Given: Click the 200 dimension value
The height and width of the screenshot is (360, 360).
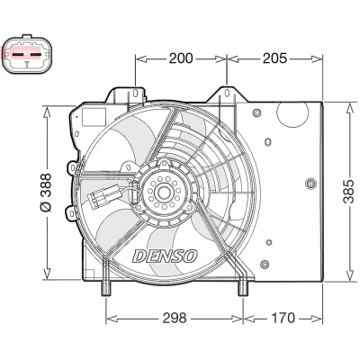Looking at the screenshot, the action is click(x=181, y=58).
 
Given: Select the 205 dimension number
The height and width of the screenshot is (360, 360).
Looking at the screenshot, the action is click(x=274, y=58).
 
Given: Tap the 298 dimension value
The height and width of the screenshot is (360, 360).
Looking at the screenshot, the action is click(x=175, y=318).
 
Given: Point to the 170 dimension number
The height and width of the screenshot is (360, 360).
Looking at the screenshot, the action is click(x=283, y=318).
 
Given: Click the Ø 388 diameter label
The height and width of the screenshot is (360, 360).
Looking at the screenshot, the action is click(x=46, y=193).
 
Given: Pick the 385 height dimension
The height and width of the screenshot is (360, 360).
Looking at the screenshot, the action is click(x=348, y=192).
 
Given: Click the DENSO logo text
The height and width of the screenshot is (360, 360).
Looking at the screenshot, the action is click(x=165, y=256).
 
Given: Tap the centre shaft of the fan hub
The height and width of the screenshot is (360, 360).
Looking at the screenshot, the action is click(x=164, y=193).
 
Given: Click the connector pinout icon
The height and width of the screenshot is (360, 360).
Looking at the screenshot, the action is click(x=27, y=54).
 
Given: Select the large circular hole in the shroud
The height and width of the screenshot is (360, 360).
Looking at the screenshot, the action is click(x=292, y=113).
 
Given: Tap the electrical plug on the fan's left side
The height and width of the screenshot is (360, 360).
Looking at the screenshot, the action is click(x=103, y=196).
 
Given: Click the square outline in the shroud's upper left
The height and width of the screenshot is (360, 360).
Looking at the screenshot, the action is click(x=94, y=117).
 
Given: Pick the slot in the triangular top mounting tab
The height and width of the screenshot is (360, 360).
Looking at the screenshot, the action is click(x=227, y=93).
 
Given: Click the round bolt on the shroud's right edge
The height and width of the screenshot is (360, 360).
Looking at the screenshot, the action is click(x=311, y=183).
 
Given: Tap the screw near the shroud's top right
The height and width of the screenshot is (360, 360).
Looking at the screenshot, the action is click(x=257, y=113).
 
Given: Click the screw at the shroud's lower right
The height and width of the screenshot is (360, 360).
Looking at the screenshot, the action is click(x=264, y=264).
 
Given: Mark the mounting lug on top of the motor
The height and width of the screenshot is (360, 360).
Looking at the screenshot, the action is click(x=164, y=164).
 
